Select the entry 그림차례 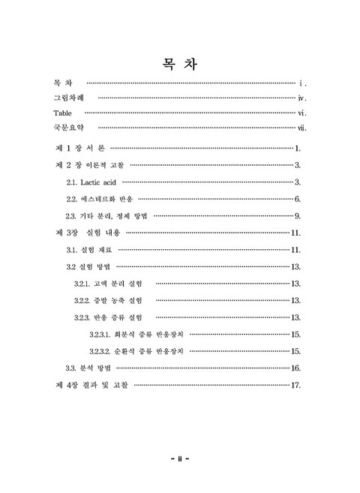coord(68,98)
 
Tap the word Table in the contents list coord(64,113)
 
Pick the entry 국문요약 coord(68,128)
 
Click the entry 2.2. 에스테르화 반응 coord(100,199)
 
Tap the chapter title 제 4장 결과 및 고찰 coord(91,385)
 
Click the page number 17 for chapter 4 coord(295,386)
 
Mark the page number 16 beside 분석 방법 coord(295,368)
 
